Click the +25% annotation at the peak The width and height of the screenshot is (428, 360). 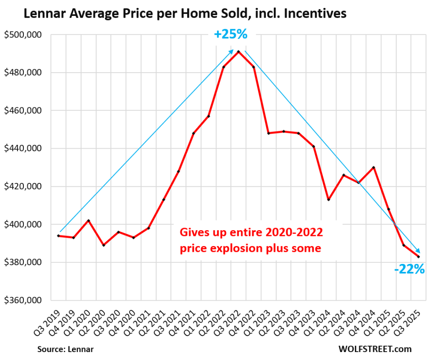tap(231, 34)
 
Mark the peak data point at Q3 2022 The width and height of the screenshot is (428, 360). tap(238, 51)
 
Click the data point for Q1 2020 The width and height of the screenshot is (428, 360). tap(89, 221)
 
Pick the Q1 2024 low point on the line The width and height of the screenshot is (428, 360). tap(329, 200)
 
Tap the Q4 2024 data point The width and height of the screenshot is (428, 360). tap(374, 167)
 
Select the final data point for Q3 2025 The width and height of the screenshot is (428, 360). tap(418, 257)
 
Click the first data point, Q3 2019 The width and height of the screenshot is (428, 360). tap(59, 236)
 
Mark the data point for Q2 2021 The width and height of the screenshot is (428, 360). tap(163, 200)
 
